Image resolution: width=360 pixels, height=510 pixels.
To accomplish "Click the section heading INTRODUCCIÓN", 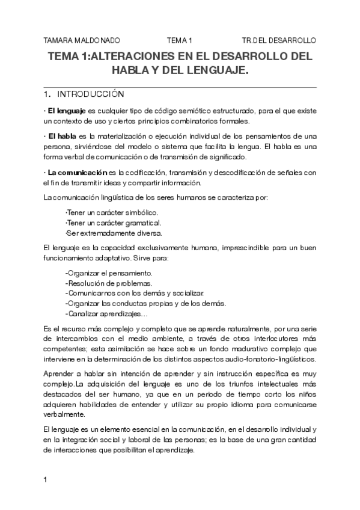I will click(x=90, y=94).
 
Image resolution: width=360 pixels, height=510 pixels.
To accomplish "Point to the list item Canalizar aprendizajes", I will click(x=105, y=314).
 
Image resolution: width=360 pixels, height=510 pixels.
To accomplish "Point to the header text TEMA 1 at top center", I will click(x=180, y=40).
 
